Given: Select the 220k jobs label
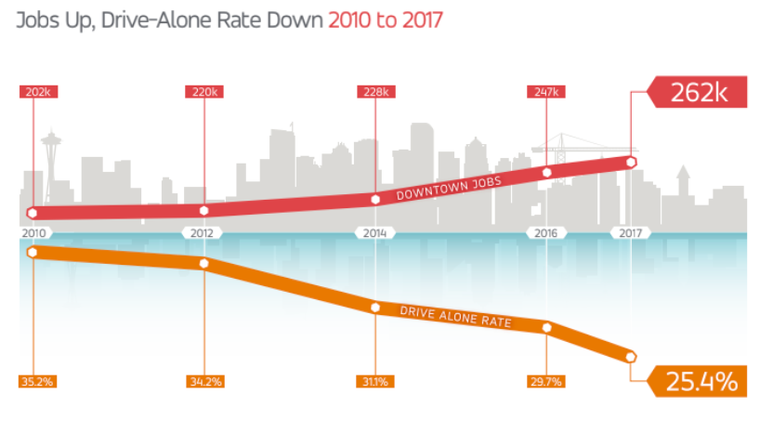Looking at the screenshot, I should pyautogui.click(x=204, y=92).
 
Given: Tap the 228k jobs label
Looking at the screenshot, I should pyautogui.click(x=375, y=92).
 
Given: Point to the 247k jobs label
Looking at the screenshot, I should pyautogui.click(x=546, y=92).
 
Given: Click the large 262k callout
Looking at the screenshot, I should pyautogui.click(x=696, y=93).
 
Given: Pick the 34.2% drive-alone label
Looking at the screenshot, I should pyautogui.click(x=204, y=381).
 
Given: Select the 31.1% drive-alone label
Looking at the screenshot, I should pyautogui.click(x=375, y=381).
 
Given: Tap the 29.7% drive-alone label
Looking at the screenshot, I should pyautogui.click(x=546, y=381).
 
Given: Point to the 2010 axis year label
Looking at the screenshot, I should pyautogui.click(x=33, y=232).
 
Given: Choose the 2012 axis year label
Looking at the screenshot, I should pyautogui.click(x=204, y=232).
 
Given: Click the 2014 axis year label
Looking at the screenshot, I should pyautogui.click(x=375, y=232).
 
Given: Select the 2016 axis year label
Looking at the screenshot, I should pyautogui.click(x=546, y=232).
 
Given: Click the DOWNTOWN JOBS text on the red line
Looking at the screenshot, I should pyautogui.click(x=448, y=189).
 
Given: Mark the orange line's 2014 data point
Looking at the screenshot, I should pyautogui.click(x=375, y=308).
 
